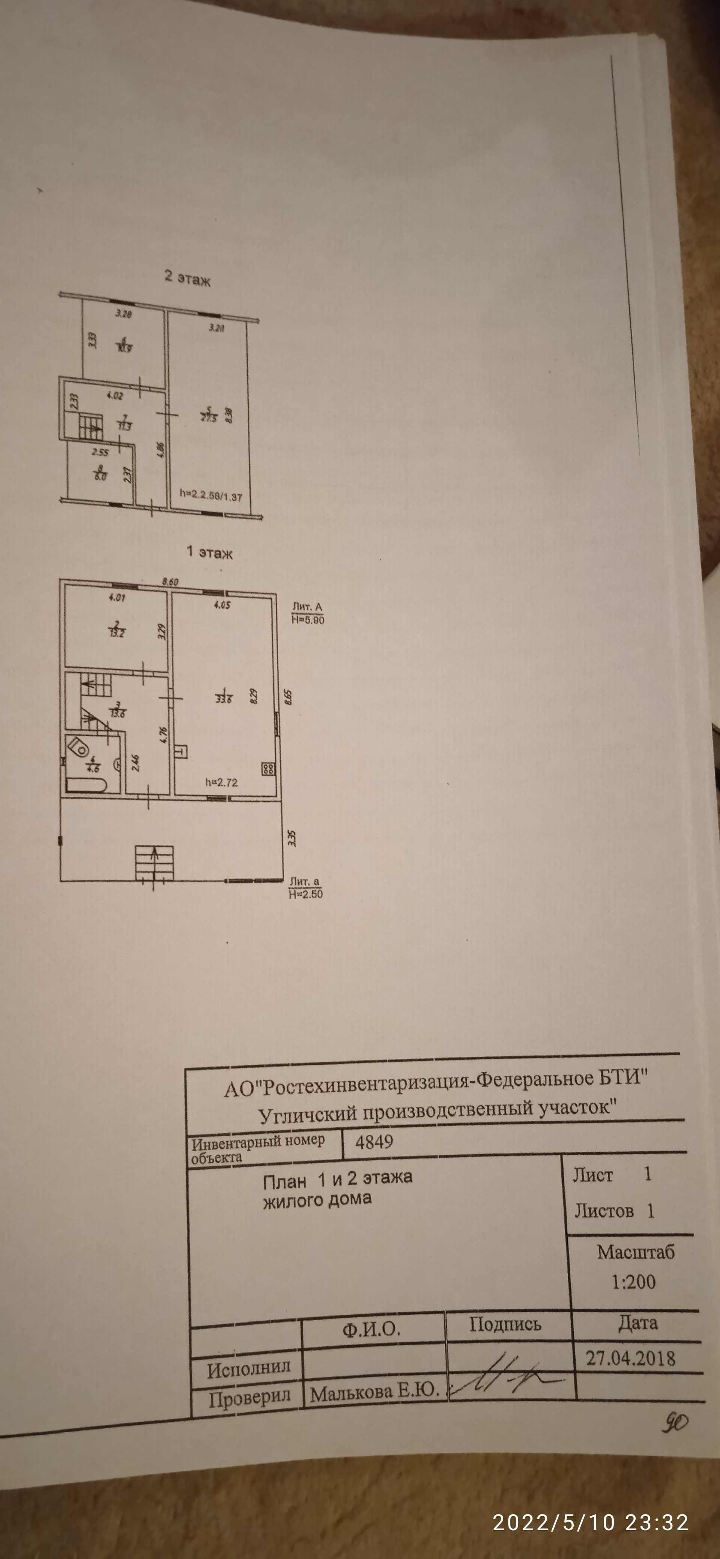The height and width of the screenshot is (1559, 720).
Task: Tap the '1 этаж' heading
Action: (x=210, y=552)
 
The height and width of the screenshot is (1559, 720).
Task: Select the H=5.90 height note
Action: (x=308, y=620)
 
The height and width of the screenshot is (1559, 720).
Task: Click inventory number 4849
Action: (x=374, y=1142)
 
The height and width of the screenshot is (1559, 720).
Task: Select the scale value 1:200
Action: (x=633, y=1281)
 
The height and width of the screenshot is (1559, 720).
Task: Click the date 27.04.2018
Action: (x=630, y=1358)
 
